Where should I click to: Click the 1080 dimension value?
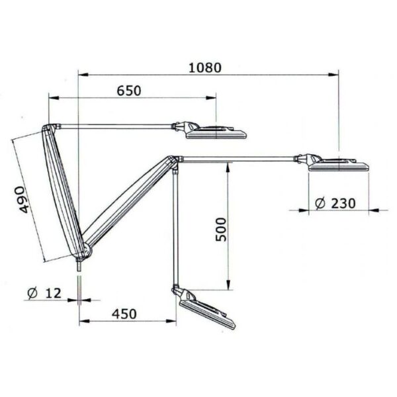(x=205, y=68)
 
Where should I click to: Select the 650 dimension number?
(x=129, y=91)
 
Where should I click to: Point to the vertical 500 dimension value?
(x=221, y=230)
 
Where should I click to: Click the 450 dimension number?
(x=124, y=314)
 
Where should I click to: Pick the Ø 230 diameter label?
(x=335, y=203)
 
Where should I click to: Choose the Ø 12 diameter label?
(x=44, y=293)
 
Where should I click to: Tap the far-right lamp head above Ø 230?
(x=332, y=163)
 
